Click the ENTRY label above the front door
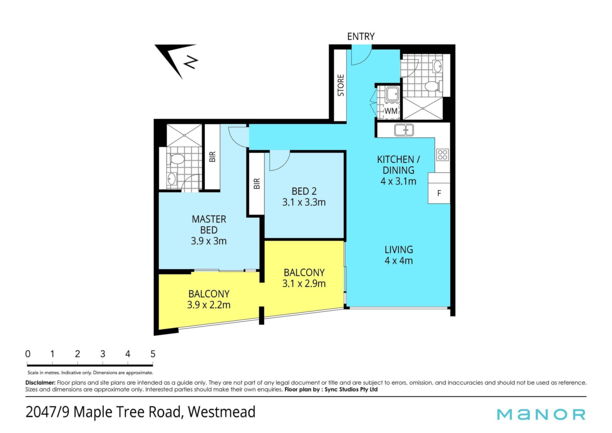(x=361, y=36)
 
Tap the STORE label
(x=341, y=85)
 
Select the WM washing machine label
(x=391, y=111)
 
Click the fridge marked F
(x=439, y=193)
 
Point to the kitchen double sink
(x=404, y=130)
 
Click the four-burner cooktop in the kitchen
(x=442, y=155)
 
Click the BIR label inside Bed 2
(x=257, y=183)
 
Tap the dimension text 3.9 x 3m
(x=209, y=241)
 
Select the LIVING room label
(x=399, y=250)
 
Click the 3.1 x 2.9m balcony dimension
(x=304, y=283)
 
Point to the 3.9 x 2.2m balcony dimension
(x=209, y=305)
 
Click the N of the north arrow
(x=191, y=62)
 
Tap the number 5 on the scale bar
(x=153, y=354)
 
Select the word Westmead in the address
(x=222, y=412)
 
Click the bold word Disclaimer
(x=40, y=383)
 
